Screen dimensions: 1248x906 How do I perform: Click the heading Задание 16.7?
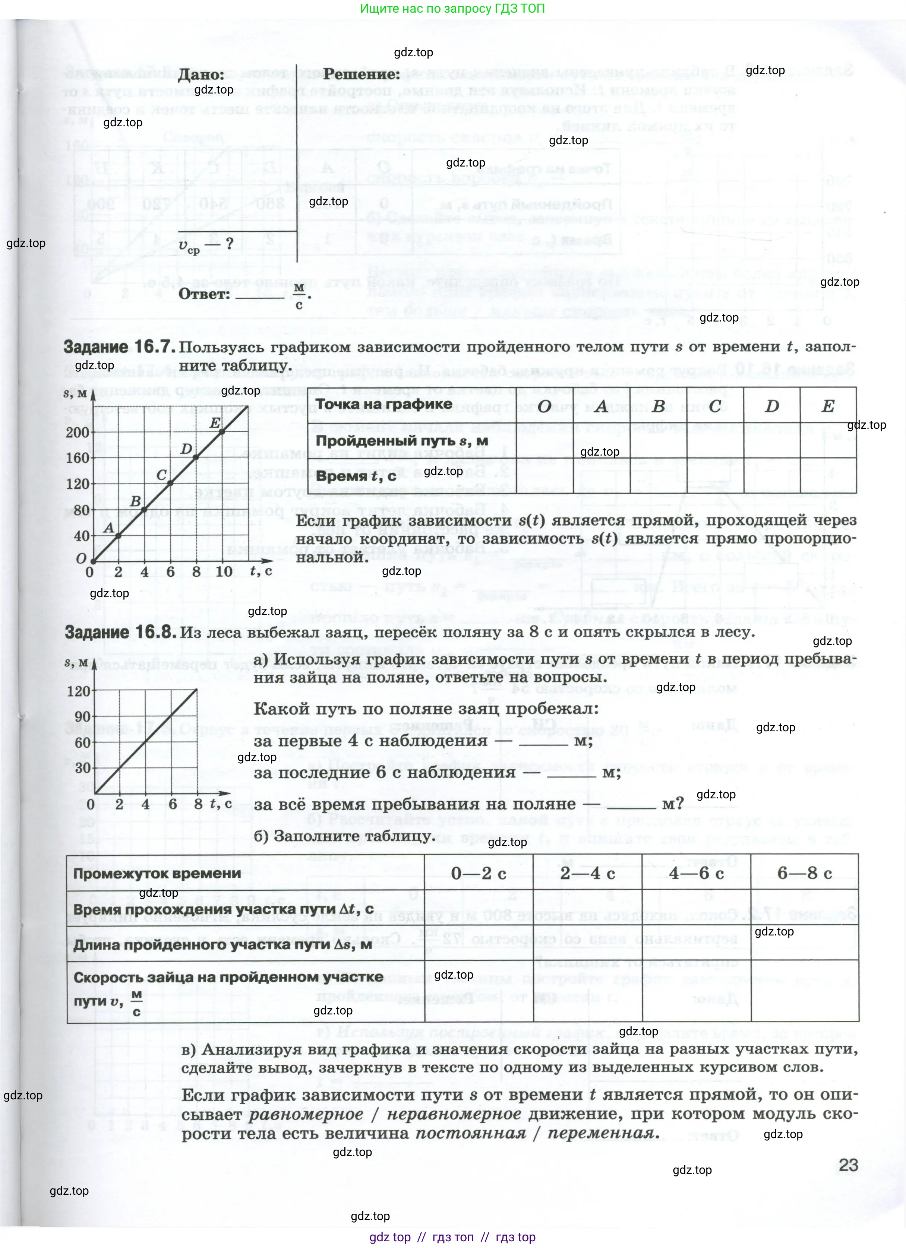(119, 347)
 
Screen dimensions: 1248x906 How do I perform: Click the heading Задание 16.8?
(120, 632)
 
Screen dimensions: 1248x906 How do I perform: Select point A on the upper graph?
(119, 535)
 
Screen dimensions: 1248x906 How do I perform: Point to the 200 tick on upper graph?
(77, 433)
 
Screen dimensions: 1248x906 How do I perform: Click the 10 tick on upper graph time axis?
(224, 572)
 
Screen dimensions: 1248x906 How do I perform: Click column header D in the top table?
(772, 406)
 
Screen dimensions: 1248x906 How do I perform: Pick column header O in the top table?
(544, 406)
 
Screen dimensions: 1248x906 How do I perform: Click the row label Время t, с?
(356, 476)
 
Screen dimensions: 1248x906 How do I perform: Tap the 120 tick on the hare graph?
(78, 691)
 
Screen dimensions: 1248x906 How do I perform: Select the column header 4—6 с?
(696, 873)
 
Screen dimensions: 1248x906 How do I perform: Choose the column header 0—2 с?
(478, 873)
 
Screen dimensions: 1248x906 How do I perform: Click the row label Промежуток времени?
(157, 873)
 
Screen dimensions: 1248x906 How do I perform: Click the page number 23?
(847, 1165)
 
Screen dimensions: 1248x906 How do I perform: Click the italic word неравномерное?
(454, 1114)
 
